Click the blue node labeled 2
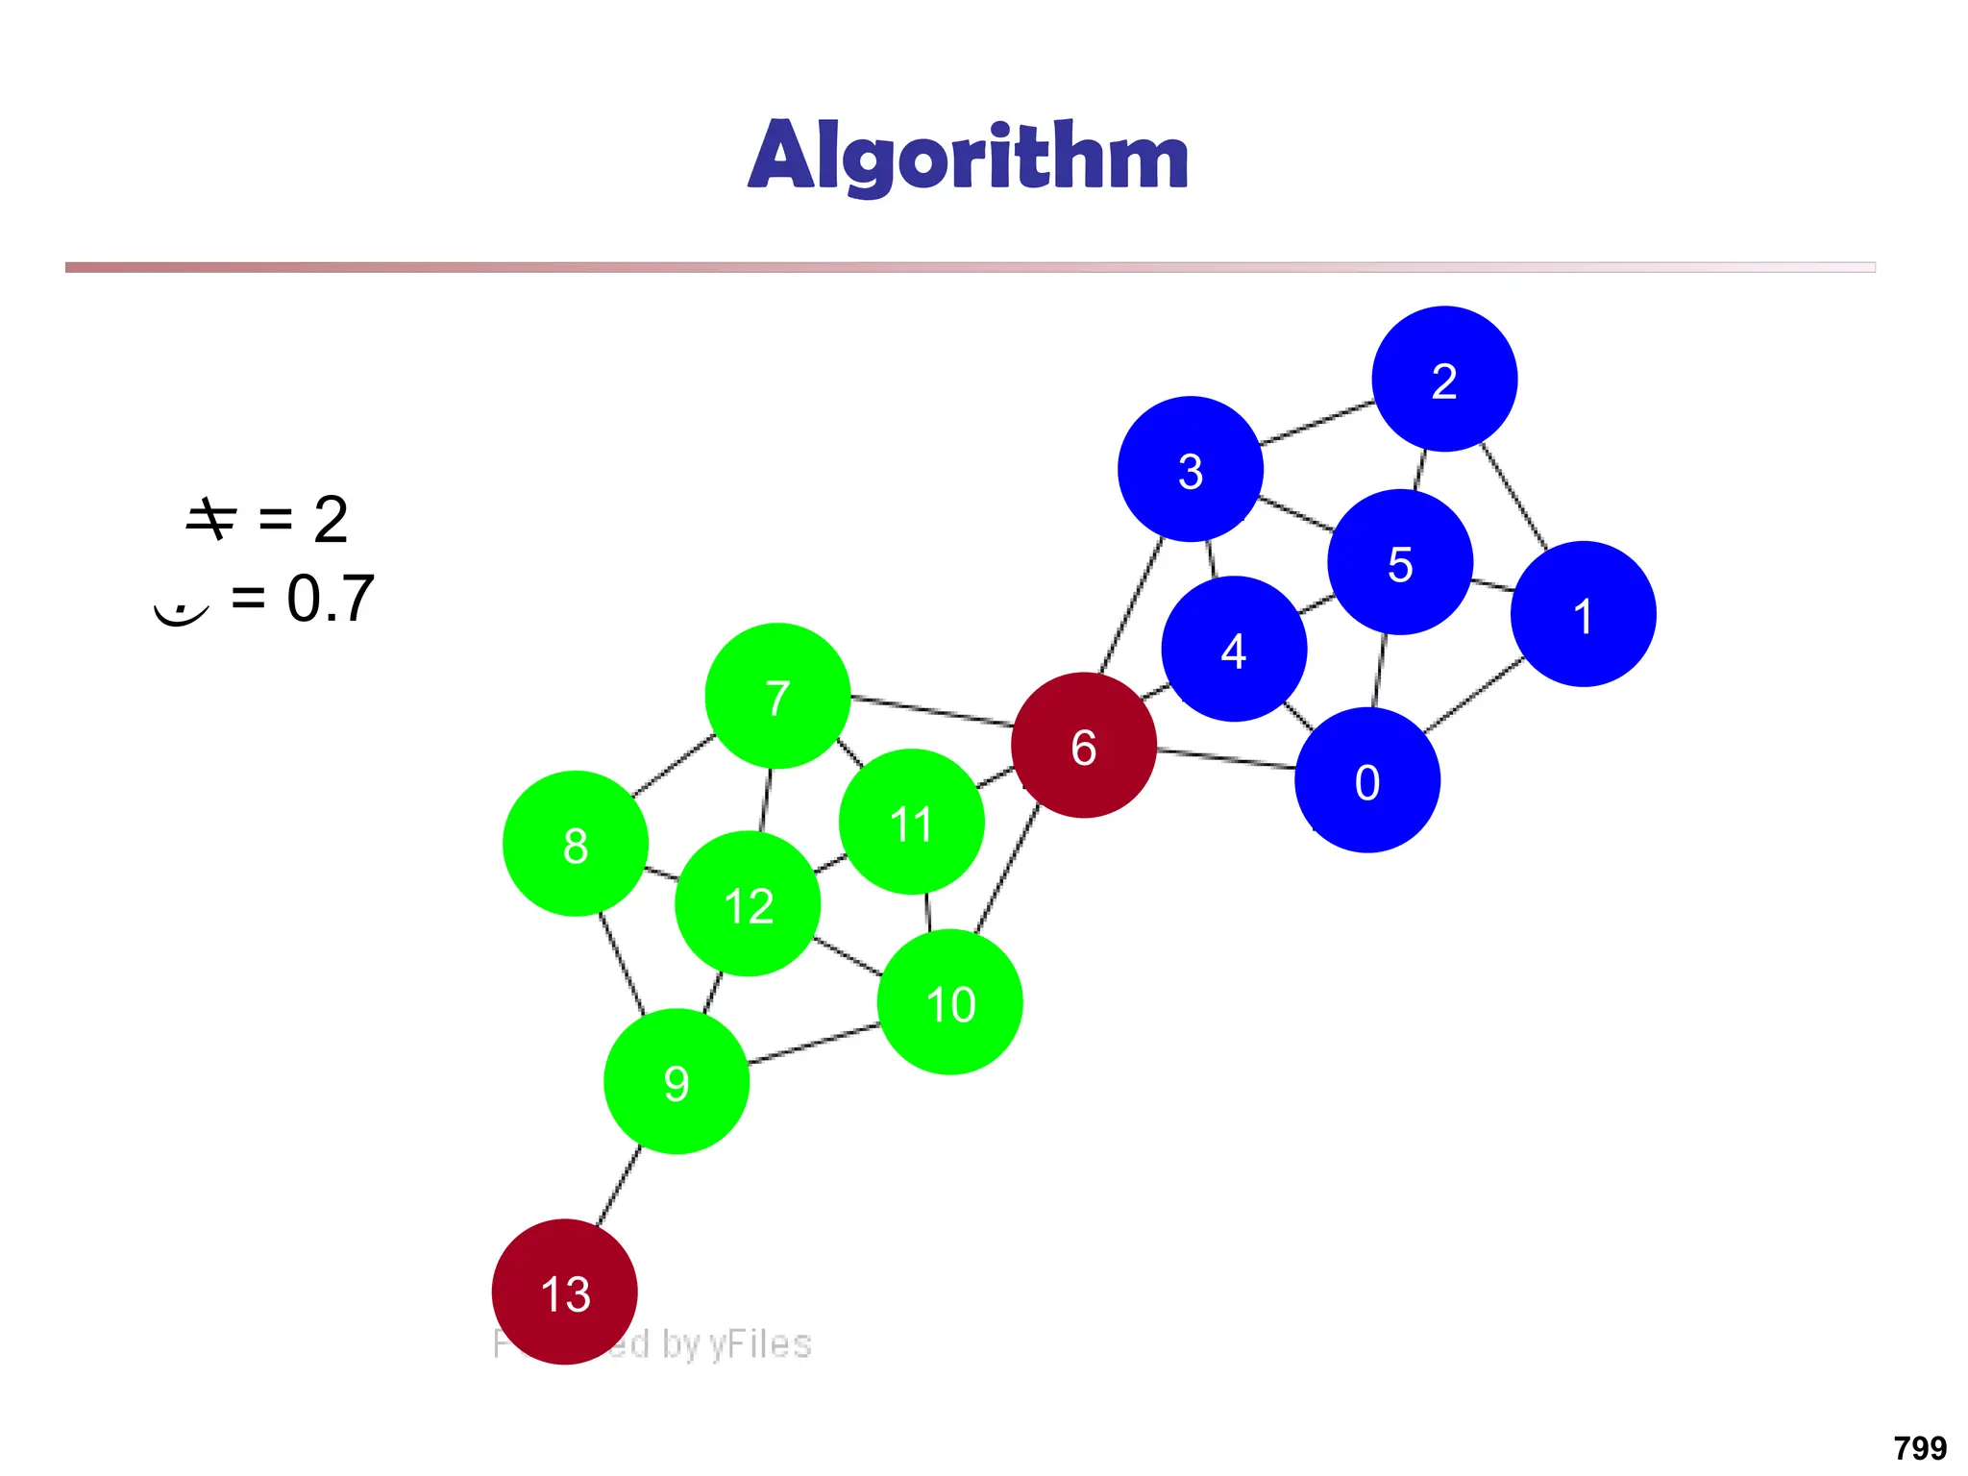[x=1444, y=380]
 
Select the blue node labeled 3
[x=1190, y=470]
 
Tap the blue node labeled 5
[x=1400, y=563]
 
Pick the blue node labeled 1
[x=1583, y=615]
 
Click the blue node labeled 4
[x=1234, y=650]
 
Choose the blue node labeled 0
[x=1366, y=780]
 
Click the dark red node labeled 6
[x=1083, y=746]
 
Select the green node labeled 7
[x=777, y=697]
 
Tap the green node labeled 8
[x=575, y=845]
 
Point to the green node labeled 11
[x=911, y=823]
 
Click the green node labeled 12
[x=748, y=904]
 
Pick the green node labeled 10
[x=949, y=1002]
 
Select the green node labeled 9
[x=676, y=1082]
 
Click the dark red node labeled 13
[x=564, y=1292]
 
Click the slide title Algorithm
[x=968, y=156]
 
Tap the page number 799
[x=1919, y=1447]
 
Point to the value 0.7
[x=330, y=599]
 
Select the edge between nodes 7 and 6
[x=931, y=710]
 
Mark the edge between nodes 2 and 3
[x=1316, y=423]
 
